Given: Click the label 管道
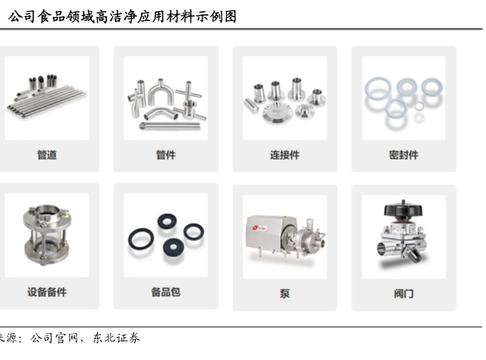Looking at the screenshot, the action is [46, 154].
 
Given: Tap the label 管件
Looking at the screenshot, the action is [166, 154].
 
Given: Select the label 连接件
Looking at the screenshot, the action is [284, 154].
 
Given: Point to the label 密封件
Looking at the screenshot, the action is [403, 154].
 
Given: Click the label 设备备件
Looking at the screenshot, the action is [46, 292].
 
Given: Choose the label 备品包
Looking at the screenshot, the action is [166, 292].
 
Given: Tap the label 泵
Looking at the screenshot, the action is [284, 293].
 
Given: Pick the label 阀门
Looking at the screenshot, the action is [403, 293].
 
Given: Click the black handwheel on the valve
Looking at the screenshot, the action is [403, 209].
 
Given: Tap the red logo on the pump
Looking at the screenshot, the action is [256, 228].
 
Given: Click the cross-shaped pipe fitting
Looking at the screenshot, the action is [188, 92].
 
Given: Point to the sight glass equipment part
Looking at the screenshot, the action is [46, 234].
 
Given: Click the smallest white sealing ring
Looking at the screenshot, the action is [419, 106].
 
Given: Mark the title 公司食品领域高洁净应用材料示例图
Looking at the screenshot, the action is [122, 16].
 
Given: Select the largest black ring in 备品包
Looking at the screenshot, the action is [141, 239].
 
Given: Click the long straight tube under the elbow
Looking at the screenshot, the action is [170, 126].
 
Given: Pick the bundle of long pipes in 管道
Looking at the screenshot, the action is [46, 99].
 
